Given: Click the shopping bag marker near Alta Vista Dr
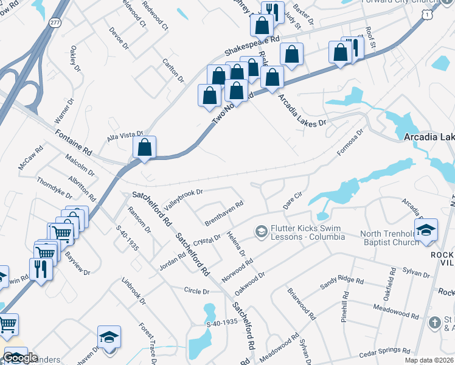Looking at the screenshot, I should [x=144, y=147].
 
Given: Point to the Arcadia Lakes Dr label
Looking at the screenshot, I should [x=302, y=110].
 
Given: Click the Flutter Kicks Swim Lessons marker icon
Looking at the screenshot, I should [x=261, y=231].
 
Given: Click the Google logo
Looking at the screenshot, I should [x=20, y=358].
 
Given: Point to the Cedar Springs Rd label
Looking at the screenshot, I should [x=384, y=351].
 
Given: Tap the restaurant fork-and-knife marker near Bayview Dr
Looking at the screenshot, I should [x=41, y=268].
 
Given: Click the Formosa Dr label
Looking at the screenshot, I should [x=351, y=140].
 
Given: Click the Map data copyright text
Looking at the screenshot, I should [x=429, y=360].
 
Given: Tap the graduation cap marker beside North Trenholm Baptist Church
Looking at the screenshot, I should [x=426, y=229].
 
